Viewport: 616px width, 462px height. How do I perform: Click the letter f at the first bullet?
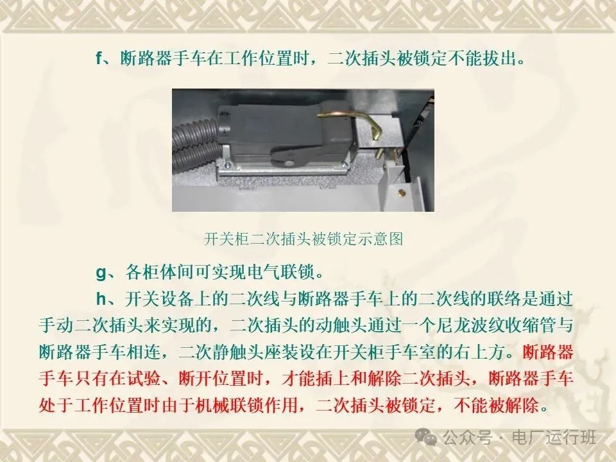click(x=99, y=58)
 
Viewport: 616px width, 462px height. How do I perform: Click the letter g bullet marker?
click(x=101, y=272)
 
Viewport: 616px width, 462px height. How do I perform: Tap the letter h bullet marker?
click(x=101, y=298)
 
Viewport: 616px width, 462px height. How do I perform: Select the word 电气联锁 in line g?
click(x=281, y=272)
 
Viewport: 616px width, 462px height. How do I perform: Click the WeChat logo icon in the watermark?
click(x=426, y=436)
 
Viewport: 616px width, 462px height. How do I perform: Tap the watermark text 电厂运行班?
click(x=554, y=437)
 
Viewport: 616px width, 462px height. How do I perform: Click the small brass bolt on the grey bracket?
click(x=402, y=193)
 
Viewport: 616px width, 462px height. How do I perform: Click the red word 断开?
click(x=195, y=379)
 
